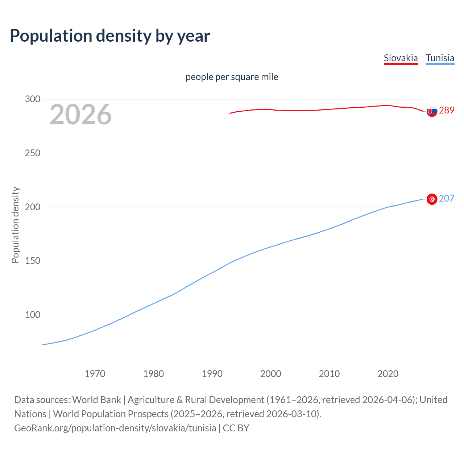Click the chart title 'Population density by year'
point(110,36)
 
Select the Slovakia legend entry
point(401,58)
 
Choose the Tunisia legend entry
point(440,58)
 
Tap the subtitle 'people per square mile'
point(232,77)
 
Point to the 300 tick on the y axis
point(33,99)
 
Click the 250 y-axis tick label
point(33,153)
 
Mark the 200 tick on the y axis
point(33,207)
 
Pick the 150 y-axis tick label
point(33,261)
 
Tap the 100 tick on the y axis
point(33,315)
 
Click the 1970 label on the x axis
point(95,374)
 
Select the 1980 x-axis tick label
point(154,374)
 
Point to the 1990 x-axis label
point(212,374)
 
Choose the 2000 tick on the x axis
point(271,374)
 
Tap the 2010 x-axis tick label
point(329,374)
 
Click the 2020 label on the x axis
point(388,374)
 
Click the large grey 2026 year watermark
point(80,115)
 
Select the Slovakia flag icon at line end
point(432,111)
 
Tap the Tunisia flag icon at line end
point(432,199)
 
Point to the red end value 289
point(447,111)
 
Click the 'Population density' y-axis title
point(15,225)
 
